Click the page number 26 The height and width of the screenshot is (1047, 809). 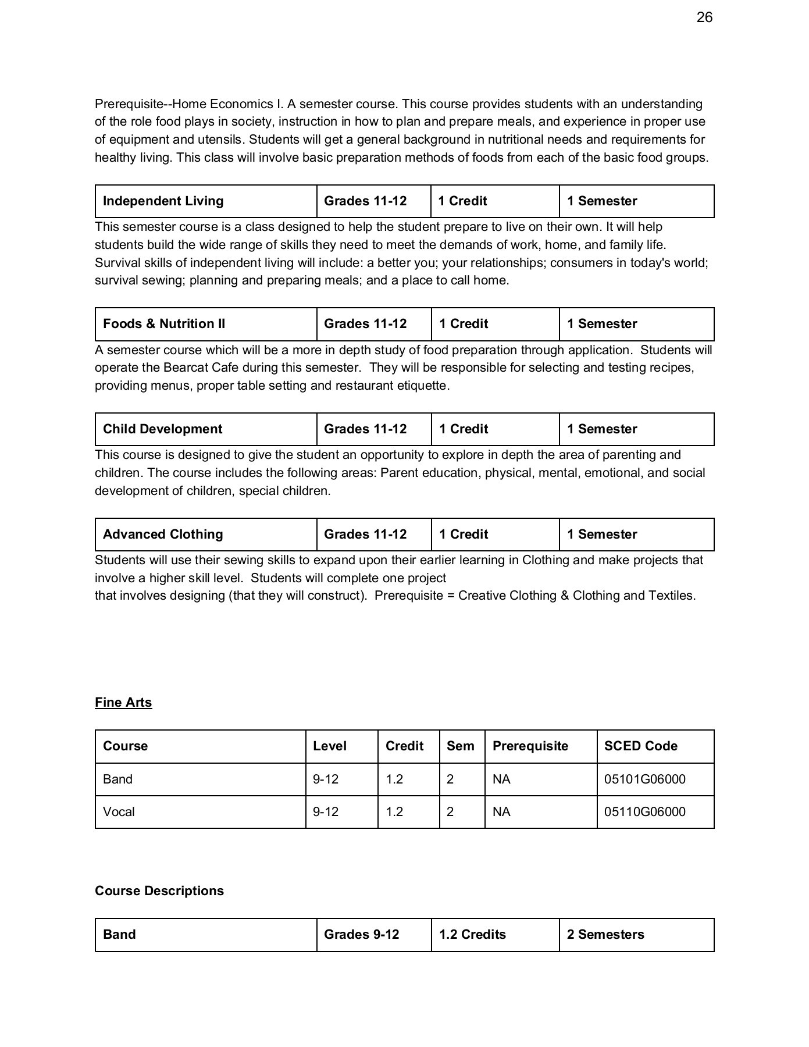click(704, 17)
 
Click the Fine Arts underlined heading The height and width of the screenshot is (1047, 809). click(123, 703)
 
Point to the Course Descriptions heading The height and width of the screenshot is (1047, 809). click(159, 891)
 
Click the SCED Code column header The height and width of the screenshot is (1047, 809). click(640, 746)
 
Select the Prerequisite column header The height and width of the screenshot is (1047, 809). click(530, 746)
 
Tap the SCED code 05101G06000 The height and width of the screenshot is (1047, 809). click(644, 779)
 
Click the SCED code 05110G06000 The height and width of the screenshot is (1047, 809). click(644, 812)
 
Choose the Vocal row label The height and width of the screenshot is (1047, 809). click(119, 812)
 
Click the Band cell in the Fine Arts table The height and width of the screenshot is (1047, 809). click(117, 779)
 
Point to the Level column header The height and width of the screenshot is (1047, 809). click(329, 746)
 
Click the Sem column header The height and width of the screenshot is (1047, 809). click(460, 746)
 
